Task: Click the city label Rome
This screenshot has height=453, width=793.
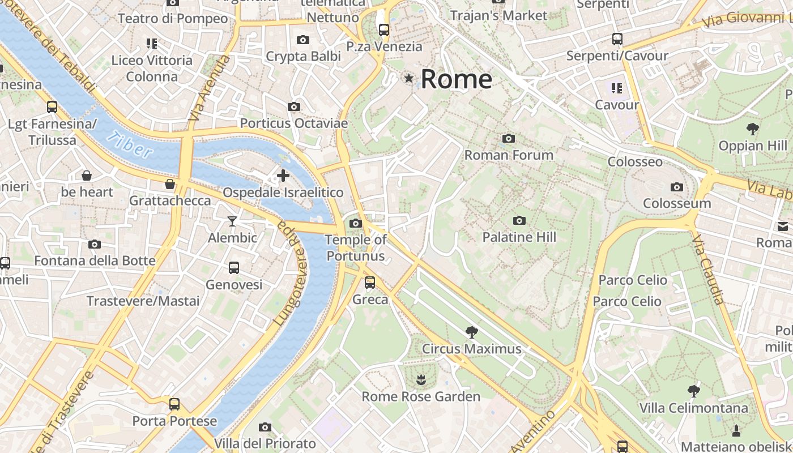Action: [456, 79]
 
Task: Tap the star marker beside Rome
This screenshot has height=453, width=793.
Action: [408, 78]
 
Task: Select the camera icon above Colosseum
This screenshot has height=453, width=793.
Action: [676, 187]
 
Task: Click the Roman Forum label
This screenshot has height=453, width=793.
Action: [509, 155]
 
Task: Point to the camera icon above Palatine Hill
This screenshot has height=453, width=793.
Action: [519, 220]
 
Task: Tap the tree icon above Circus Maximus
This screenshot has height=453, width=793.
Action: [471, 332]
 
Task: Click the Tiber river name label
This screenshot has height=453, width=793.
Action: [130, 144]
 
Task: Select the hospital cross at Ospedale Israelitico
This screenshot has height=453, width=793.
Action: [283, 176]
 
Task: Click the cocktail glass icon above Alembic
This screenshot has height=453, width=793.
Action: [232, 221]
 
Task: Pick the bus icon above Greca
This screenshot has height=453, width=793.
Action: [370, 282]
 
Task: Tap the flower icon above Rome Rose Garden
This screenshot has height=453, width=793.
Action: [420, 379]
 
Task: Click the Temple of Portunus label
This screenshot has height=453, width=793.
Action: [356, 247]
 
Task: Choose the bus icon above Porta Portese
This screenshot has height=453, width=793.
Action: [174, 404]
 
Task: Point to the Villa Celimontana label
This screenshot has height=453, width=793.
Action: [693, 408]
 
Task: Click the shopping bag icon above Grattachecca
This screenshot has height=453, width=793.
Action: [169, 184]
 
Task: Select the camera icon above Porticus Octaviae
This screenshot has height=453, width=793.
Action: [293, 106]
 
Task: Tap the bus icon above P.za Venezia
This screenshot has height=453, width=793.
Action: [384, 29]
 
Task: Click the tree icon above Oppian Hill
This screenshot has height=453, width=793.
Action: [753, 129]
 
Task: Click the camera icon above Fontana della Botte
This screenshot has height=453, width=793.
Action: [95, 244]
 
